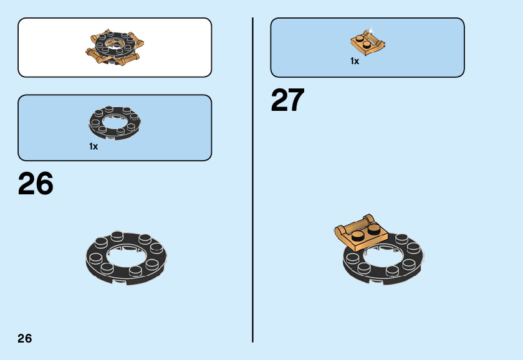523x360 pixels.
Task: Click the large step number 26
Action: click(36, 184)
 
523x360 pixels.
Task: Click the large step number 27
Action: click(287, 100)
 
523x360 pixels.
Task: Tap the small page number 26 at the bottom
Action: click(25, 339)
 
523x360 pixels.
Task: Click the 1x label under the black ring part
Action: click(94, 146)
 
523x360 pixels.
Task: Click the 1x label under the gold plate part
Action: click(355, 61)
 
